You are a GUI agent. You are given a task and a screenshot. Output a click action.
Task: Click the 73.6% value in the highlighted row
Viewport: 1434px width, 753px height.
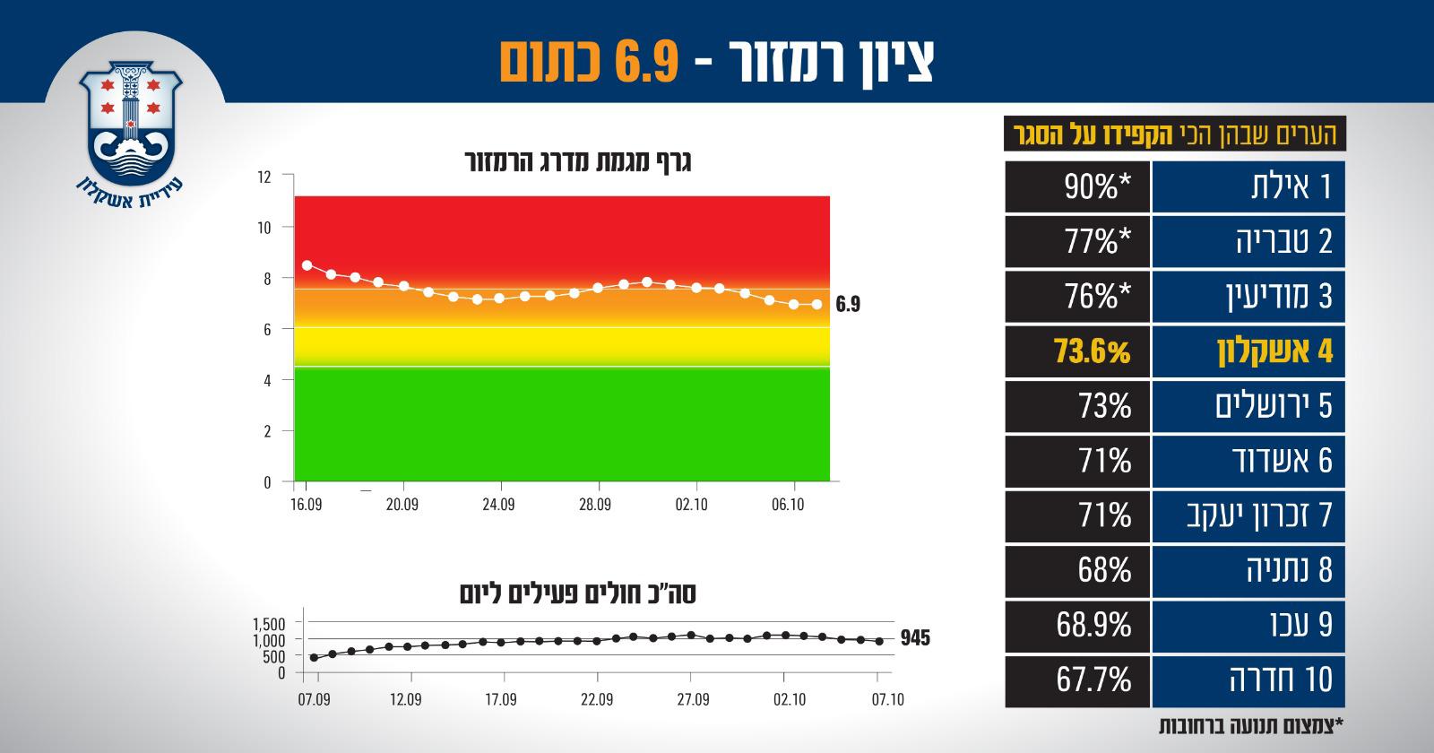point(1091,351)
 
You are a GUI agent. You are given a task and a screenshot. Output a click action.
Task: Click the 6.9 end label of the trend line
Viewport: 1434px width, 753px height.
point(848,305)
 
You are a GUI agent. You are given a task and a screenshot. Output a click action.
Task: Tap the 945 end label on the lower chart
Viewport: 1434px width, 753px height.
point(916,639)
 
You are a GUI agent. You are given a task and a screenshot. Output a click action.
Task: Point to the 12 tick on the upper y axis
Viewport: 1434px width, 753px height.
point(263,177)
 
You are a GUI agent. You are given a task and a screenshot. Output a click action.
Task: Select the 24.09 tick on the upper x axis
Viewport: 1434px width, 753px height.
point(498,505)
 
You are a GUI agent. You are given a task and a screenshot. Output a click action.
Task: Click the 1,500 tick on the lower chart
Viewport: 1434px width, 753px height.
point(268,623)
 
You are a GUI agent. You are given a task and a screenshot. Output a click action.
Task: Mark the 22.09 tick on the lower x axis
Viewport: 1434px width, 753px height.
point(597,699)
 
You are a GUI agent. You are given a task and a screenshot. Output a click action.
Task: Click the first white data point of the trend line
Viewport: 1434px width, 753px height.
point(307,265)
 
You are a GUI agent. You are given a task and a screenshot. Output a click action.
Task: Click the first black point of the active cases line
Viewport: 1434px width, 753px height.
point(314,657)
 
